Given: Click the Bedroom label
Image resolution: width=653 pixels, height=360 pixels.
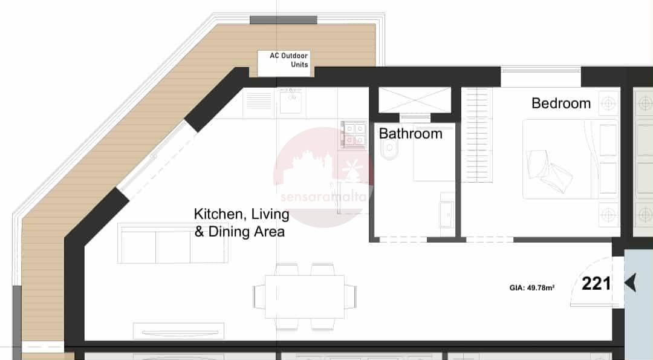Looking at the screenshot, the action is click(x=561, y=103).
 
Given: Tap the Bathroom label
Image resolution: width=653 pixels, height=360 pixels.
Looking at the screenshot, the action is click(x=411, y=133).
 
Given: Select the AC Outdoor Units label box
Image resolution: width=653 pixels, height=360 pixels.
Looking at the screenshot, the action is click(x=284, y=64).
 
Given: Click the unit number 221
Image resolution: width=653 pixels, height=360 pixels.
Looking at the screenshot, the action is click(x=596, y=284).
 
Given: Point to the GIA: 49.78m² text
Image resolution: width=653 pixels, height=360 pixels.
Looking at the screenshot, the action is click(x=532, y=287).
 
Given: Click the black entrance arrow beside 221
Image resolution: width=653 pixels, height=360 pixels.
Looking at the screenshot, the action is click(x=630, y=283).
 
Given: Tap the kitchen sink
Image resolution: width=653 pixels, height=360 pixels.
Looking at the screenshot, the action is click(x=291, y=102).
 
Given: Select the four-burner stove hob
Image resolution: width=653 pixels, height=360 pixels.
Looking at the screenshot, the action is click(x=354, y=134).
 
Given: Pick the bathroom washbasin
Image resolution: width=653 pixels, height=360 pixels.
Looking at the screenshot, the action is click(x=447, y=214).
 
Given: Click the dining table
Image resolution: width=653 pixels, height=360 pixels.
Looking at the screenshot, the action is click(x=304, y=296).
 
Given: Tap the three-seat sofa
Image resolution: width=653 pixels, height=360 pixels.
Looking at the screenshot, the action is click(x=173, y=244).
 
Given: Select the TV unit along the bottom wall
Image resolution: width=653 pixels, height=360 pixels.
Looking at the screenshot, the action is click(x=178, y=331).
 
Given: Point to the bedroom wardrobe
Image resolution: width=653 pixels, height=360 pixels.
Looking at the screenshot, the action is click(x=477, y=135).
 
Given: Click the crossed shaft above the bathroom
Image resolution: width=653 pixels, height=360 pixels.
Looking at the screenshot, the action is click(x=414, y=100).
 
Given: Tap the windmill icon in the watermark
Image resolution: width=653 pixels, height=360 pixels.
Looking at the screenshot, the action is click(x=352, y=169).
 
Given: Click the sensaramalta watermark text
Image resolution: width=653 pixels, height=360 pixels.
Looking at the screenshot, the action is click(x=323, y=197).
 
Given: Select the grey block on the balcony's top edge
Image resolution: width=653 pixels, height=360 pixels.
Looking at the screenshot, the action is click(x=284, y=20).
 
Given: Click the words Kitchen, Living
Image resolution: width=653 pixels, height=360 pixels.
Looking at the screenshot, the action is click(x=241, y=214).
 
